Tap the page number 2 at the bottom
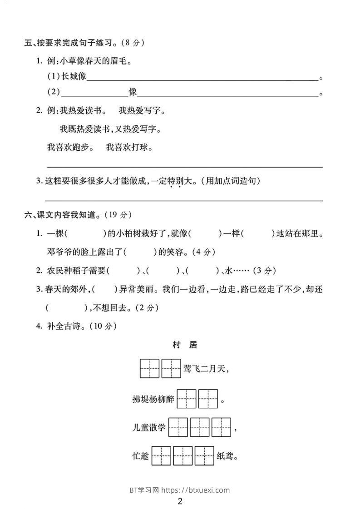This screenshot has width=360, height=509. tap(180, 501)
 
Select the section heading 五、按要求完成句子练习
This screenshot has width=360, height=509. tap(68, 43)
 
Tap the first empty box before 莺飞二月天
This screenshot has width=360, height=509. tap(150, 368)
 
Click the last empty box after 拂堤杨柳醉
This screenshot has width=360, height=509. tap(208, 399)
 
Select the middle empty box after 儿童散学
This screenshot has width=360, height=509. tap(200, 427)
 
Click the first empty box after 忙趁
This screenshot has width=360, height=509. tap(161, 456)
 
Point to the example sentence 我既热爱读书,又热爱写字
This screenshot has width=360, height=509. tap(110, 129)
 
